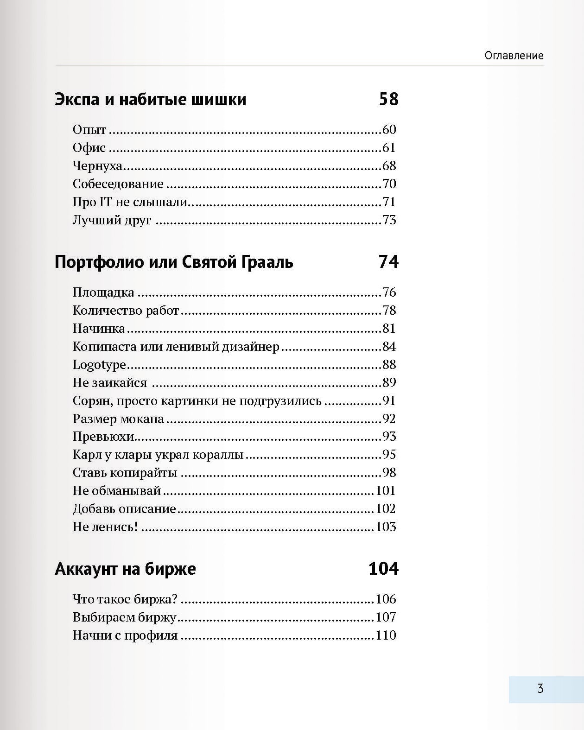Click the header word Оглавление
(514, 56)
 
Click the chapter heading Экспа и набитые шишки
(150, 100)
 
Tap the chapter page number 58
(388, 99)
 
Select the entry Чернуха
(97, 166)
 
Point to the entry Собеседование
(118, 184)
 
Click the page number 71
(389, 202)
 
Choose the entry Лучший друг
(112, 220)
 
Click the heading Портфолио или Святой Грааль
(174, 262)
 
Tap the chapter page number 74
(388, 262)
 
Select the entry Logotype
(99, 365)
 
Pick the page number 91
(389, 401)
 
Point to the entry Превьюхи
(103, 437)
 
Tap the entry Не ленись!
(105, 527)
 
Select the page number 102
(386, 509)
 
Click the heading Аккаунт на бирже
(125, 569)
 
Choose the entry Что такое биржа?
(125, 599)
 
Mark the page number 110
(386, 635)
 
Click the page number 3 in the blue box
(540, 689)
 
